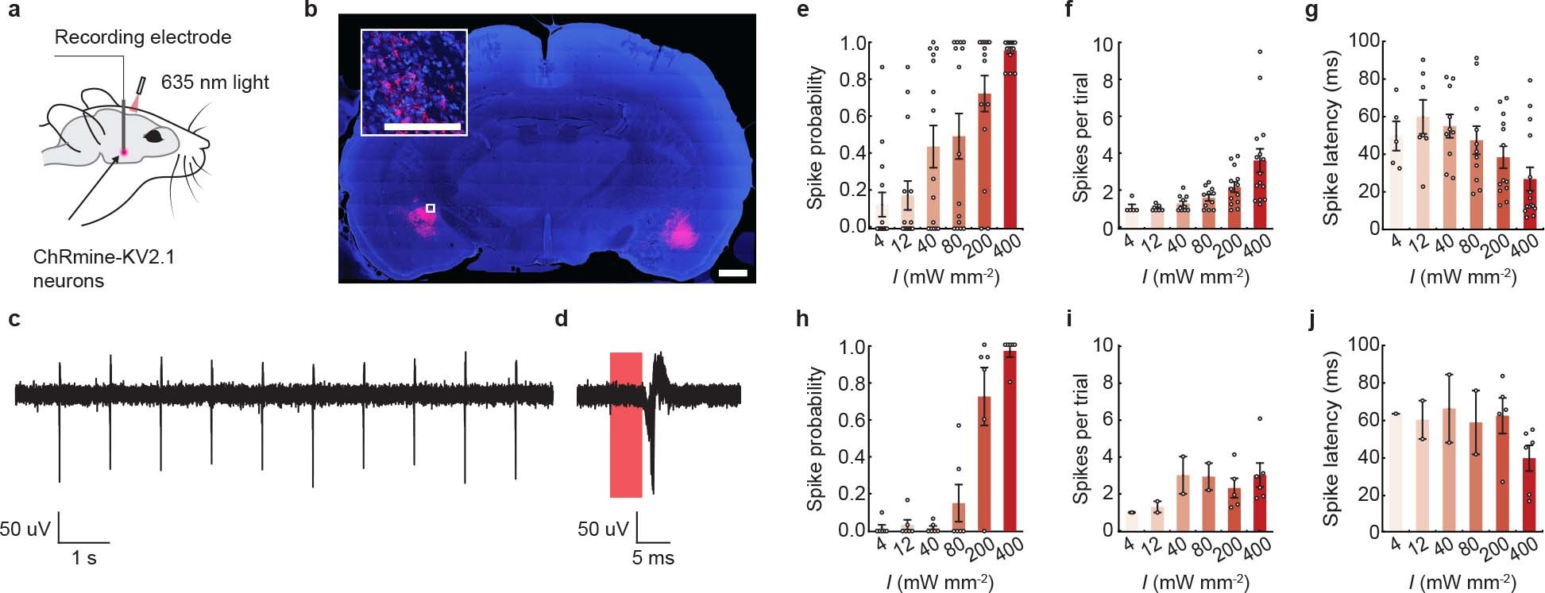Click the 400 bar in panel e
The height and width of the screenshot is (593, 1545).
[1010, 139]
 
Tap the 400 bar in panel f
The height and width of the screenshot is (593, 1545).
[1260, 194]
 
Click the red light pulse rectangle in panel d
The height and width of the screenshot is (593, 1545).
[626, 425]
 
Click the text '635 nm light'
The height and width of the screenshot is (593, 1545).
[214, 83]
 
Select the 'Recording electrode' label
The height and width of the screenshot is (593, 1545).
[143, 37]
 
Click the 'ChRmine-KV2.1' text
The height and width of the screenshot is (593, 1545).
[103, 257]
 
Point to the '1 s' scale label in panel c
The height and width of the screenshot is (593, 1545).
[84, 558]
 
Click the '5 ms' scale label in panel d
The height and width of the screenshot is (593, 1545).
[653, 558]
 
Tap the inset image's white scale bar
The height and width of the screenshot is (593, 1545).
[422, 126]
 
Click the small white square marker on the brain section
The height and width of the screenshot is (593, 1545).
[431, 208]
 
